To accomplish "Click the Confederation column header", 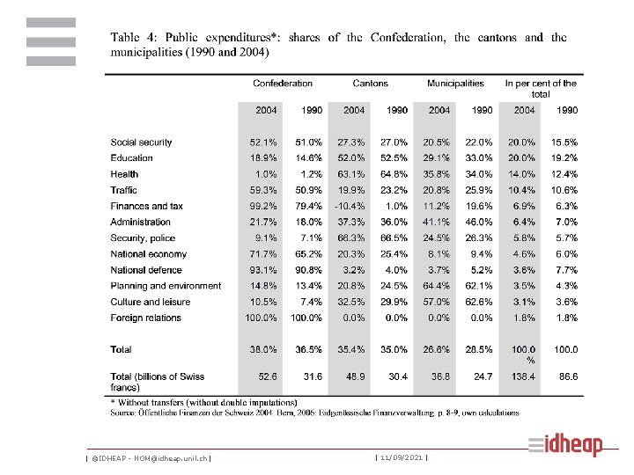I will [x=283, y=84].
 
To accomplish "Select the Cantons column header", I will [x=370, y=84].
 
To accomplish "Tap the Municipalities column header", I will [x=455, y=84].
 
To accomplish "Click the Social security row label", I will [x=141, y=142].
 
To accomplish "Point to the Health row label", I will [x=124, y=174].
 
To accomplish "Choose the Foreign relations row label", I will [x=145, y=318].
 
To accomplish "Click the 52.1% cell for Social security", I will [x=265, y=142].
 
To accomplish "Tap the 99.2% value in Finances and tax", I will [x=265, y=206].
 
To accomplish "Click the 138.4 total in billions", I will [x=523, y=376].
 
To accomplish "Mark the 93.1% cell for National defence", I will [x=265, y=270].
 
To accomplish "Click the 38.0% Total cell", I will [x=265, y=349].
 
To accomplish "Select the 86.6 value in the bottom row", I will [x=566, y=376].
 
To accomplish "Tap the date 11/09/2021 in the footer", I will [x=402, y=458].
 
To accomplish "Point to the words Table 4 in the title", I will [x=133, y=38].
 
